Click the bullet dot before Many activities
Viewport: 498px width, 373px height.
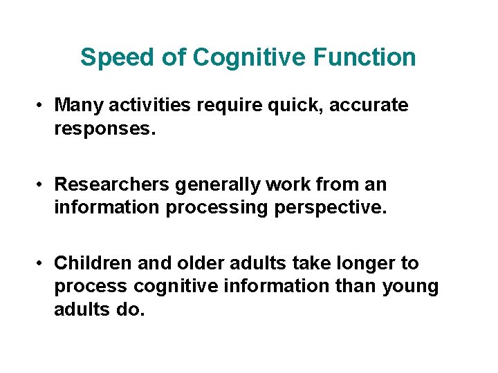pos(42,106)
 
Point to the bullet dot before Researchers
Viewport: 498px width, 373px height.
pos(42,185)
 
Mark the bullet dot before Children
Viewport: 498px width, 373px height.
pos(42,264)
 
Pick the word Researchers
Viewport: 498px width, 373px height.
pos(112,185)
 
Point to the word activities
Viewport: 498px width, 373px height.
pos(153,106)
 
